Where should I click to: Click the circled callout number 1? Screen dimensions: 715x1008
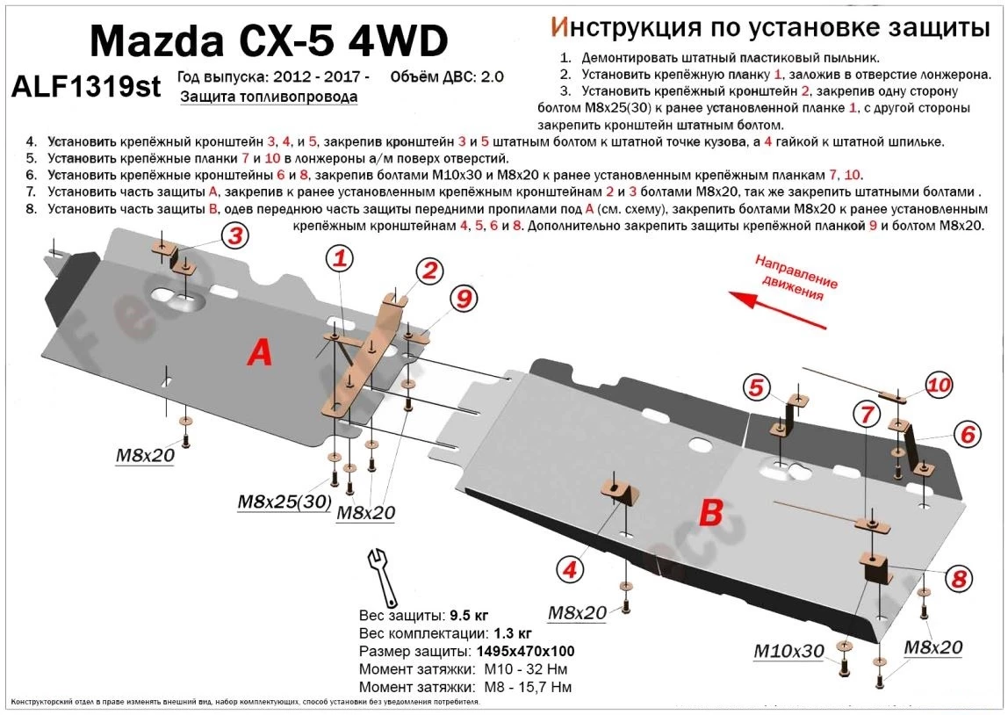(340, 258)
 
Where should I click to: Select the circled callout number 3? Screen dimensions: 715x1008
(234, 235)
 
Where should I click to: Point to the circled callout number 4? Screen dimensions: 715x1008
(571, 570)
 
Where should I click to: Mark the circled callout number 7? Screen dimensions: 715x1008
(867, 413)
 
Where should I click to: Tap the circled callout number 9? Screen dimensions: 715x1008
(462, 299)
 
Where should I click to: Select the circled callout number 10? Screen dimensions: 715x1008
(939, 384)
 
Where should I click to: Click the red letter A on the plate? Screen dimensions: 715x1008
(259, 352)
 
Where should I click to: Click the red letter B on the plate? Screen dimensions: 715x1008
(710, 512)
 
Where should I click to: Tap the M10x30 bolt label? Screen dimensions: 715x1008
(788, 651)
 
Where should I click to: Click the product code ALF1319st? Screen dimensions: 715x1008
(86, 87)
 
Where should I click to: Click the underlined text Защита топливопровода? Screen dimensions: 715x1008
(269, 97)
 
